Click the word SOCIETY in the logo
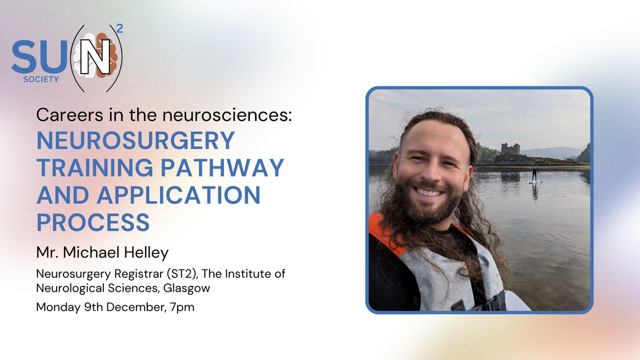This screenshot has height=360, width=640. coord(41,79)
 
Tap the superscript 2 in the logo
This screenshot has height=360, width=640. coord(119,29)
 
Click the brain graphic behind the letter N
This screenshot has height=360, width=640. coord(95,55)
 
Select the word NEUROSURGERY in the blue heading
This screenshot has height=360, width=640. coord(135,140)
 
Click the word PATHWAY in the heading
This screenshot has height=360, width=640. coord(222,167)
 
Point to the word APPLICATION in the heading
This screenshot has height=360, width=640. coord(179,195)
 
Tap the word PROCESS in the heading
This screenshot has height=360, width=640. coord(93,222)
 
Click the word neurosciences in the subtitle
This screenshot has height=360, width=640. coord(227,115)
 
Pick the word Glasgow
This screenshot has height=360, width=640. coord(187,289)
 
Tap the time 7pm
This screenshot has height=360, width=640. coord(182,307)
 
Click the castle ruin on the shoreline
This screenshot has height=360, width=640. coord(510,149)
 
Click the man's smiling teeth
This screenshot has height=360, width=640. coord(428,193)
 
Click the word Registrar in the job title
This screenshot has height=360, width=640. coord(139,274)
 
